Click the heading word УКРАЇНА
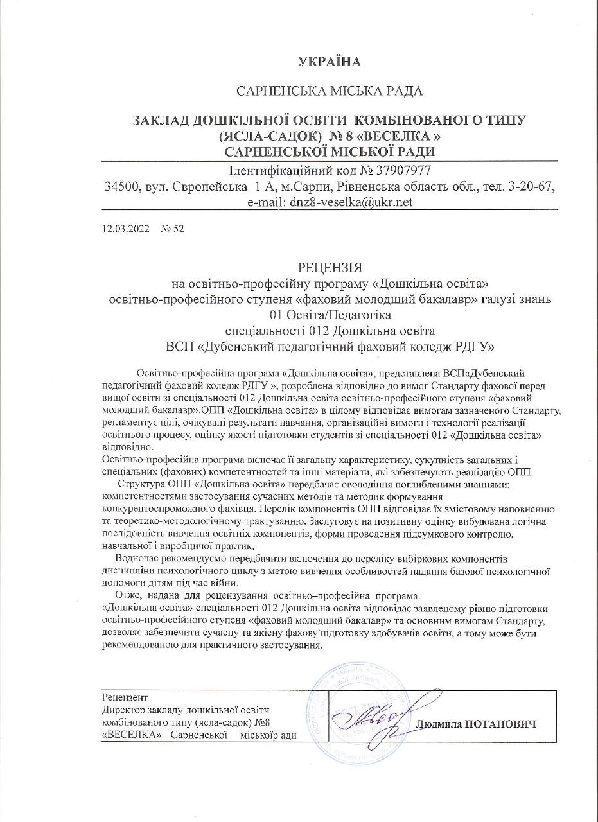point(330,62)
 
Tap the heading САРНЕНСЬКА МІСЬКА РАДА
point(330,91)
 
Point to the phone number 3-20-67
point(532,186)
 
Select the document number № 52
point(171,229)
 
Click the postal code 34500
point(122,186)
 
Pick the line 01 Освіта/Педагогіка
point(330,315)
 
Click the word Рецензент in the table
point(125,697)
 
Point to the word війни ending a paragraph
point(225,583)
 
